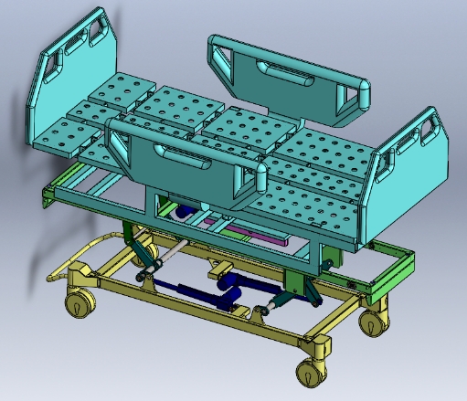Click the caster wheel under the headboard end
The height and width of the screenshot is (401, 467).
tap(80, 304)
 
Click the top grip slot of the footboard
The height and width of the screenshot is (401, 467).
tap(428, 129)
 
